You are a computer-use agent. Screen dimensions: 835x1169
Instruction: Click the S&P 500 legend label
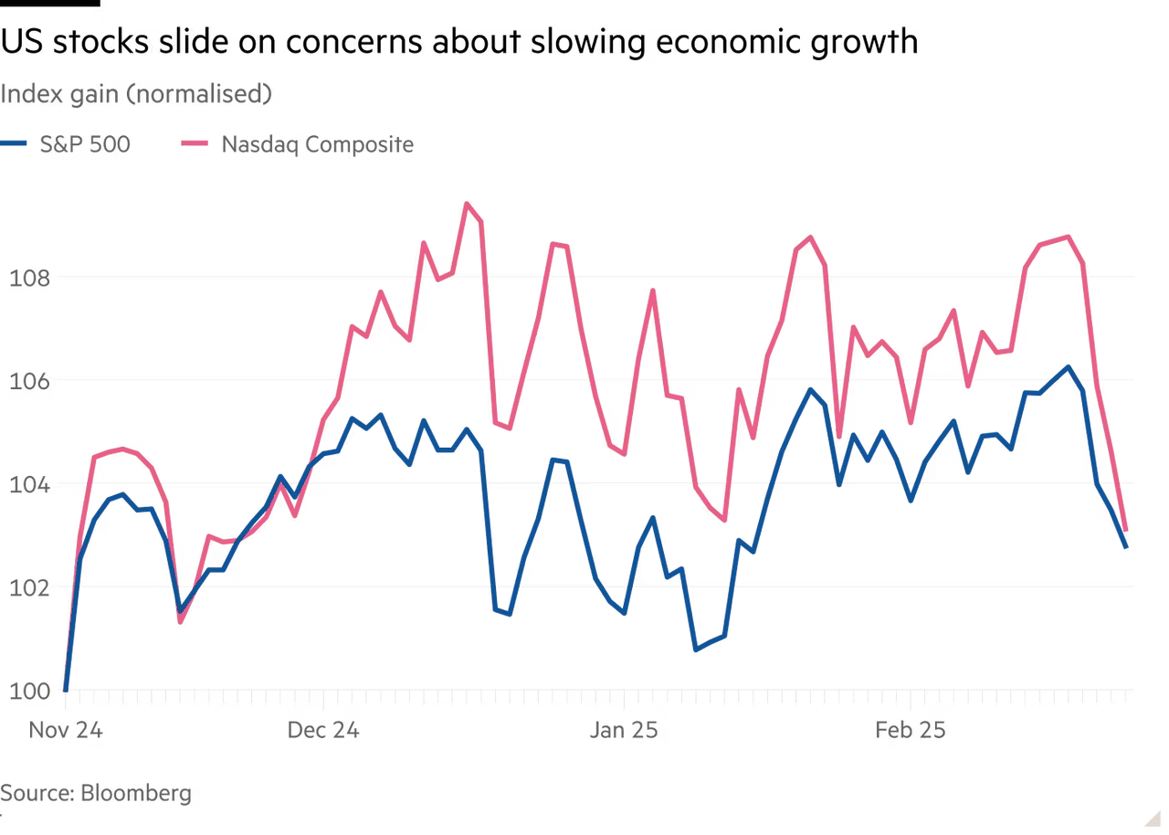pos(85,144)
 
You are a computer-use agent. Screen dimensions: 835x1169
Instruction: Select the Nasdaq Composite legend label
pos(318,144)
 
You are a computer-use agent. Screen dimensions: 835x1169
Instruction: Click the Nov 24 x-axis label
pos(65,730)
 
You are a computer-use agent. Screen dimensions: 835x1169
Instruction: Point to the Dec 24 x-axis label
pos(322,730)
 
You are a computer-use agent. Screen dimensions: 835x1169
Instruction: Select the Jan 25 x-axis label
pos(624,730)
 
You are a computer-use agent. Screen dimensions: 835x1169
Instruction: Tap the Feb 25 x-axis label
pos(910,730)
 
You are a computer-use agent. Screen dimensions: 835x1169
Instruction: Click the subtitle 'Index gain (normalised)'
pos(136,94)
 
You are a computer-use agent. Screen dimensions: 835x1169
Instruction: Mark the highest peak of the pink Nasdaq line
pos(466,202)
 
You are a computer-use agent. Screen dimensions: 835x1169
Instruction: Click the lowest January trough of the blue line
pos(695,650)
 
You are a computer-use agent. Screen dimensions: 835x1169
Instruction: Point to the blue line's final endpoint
pos(1127,548)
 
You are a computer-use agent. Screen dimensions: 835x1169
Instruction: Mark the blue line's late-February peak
pos(1066,365)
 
